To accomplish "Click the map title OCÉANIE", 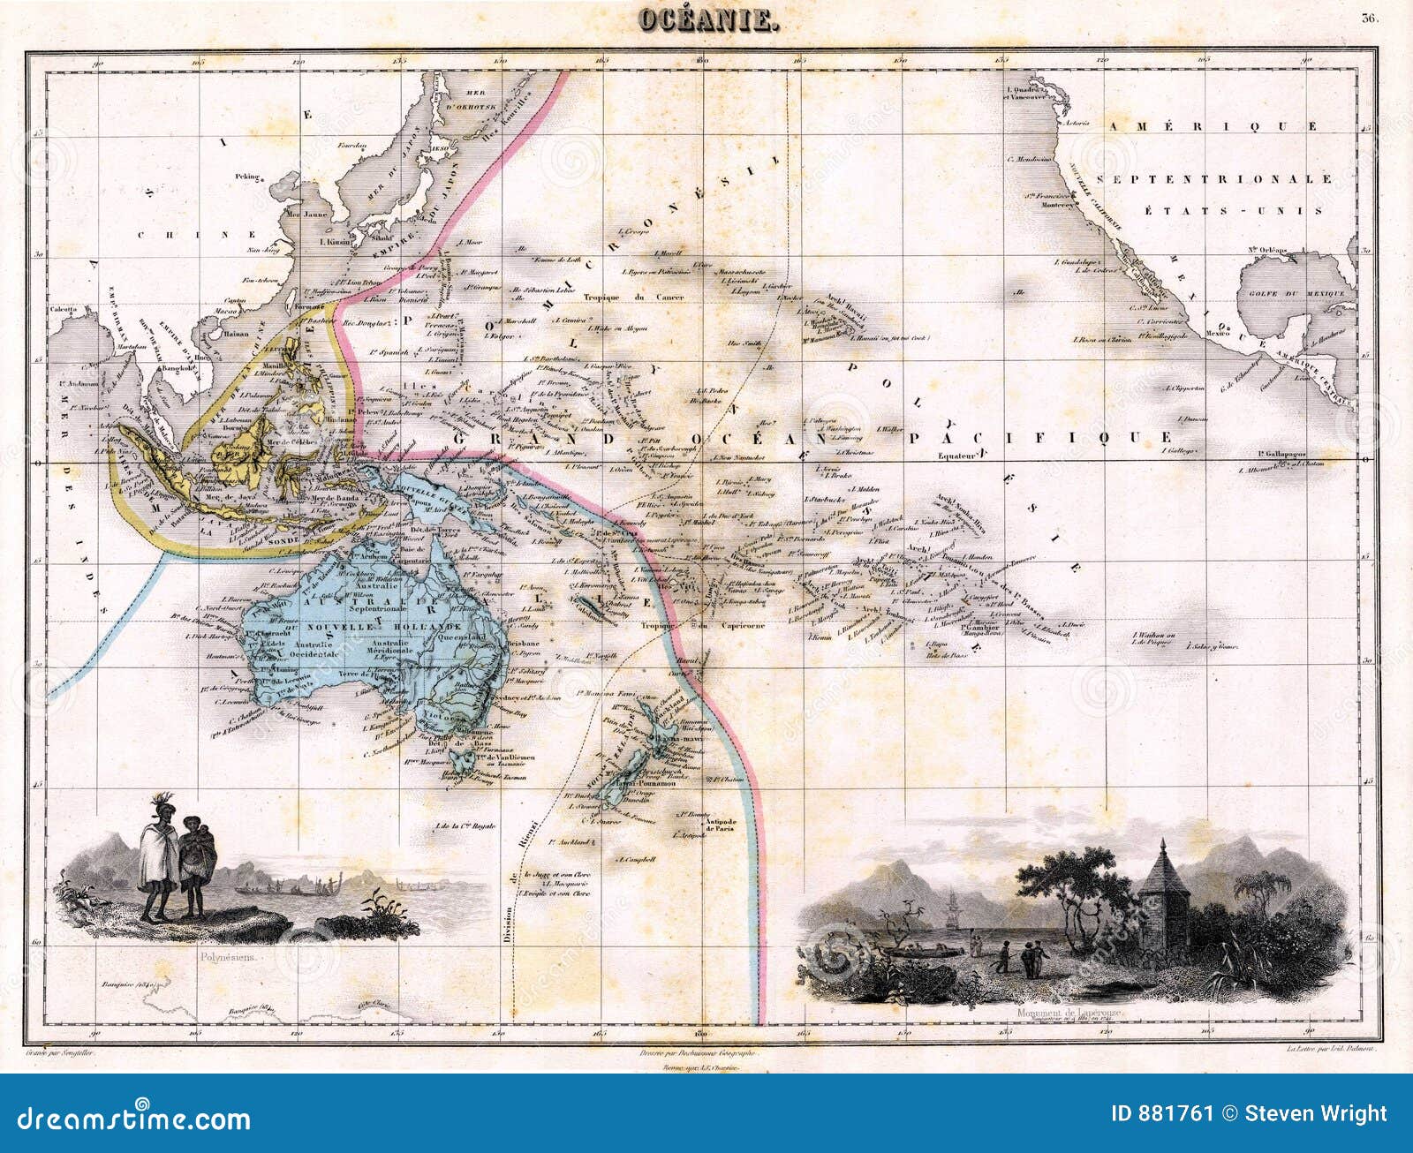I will coord(706,21).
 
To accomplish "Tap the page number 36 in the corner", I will coord(1369,18).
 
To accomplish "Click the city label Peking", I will coord(247,177).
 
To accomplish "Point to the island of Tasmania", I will coord(458,758).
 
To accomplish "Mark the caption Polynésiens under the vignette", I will coord(230,956).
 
